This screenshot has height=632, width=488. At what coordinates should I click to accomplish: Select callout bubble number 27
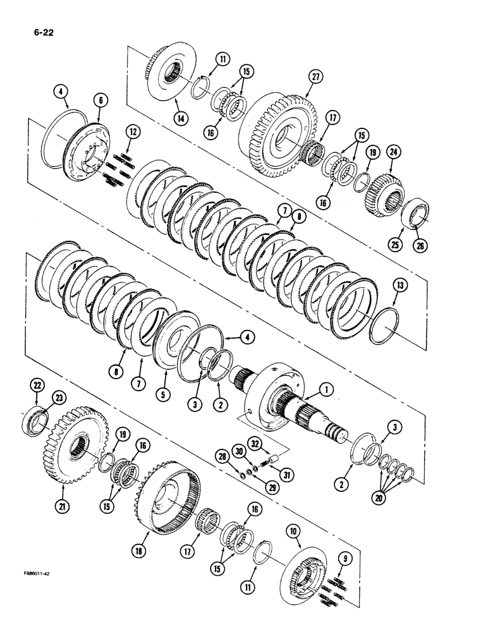coord(315,77)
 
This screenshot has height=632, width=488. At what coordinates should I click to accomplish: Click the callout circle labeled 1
coord(327,391)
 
